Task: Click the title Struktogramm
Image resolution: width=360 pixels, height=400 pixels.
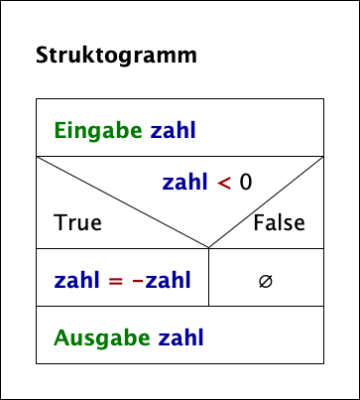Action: [x=116, y=56]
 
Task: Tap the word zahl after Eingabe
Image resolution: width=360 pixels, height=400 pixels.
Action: [x=175, y=130]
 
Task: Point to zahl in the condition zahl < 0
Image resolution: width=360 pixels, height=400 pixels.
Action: [x=185, y=182]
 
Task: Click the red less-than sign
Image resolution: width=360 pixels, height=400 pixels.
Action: [x=224, y=182]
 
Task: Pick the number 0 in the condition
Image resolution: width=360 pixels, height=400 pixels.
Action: [x=246, y=182]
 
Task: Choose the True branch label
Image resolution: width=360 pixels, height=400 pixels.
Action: [x=78, y=222]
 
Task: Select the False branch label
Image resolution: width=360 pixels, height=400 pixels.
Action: [x=279, y=222]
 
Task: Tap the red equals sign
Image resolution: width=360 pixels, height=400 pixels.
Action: [x=115, y=280]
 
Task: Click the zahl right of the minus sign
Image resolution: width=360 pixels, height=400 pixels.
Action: [x=170, y=280]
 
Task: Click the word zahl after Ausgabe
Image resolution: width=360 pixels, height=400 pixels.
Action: [x=180, y=337]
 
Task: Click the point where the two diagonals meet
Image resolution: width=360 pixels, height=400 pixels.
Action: [x=208, y=248]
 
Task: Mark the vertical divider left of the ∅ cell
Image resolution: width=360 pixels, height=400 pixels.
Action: [x=208, y=278]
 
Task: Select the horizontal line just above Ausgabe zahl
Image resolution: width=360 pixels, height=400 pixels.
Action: [x=180, y=307]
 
